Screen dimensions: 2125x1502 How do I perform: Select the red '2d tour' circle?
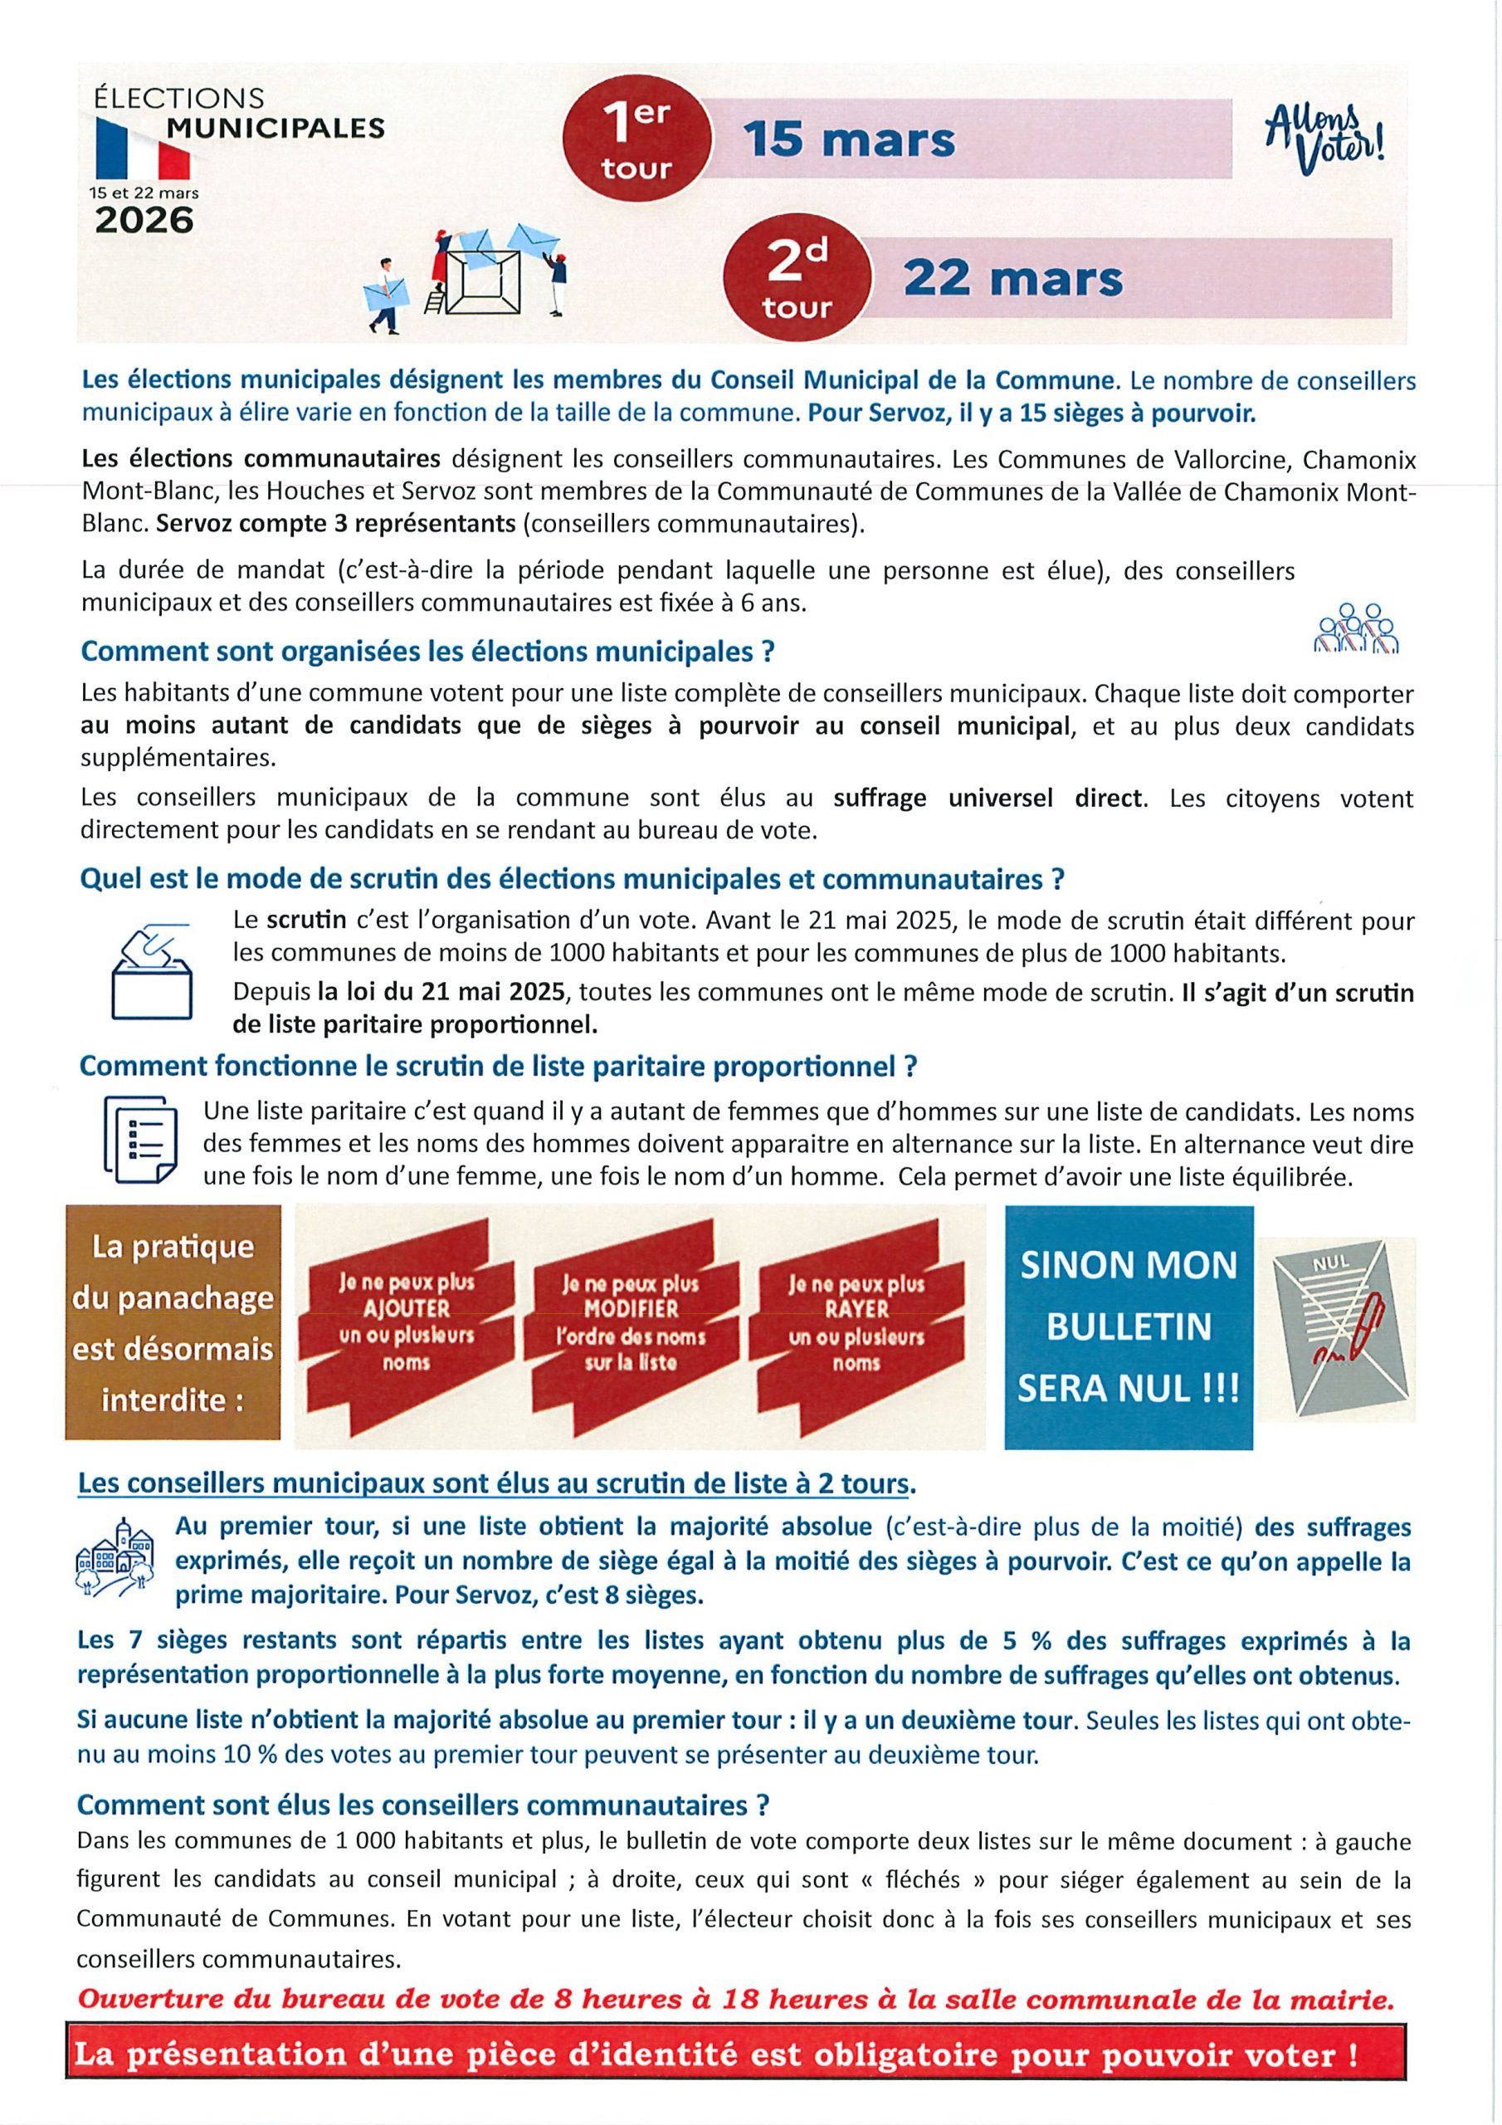click(x=797, y=279)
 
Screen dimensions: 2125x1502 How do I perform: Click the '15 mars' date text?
click(x=849, y=140)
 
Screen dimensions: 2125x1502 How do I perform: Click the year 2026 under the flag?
click(x=144, y=220)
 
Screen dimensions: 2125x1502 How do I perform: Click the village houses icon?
click(x=115, y=1559)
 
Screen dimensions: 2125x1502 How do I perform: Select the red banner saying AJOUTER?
click(x=405, y=1322)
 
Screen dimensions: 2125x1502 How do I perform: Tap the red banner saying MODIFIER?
click(x=632, y=1322)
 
